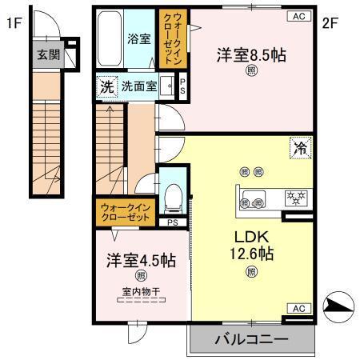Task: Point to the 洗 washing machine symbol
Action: click(106, 86)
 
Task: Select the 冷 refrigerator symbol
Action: click(299, 149)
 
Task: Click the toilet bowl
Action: click(173, 194)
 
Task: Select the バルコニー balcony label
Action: click(250, 340)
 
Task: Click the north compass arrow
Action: click(336, 306)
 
